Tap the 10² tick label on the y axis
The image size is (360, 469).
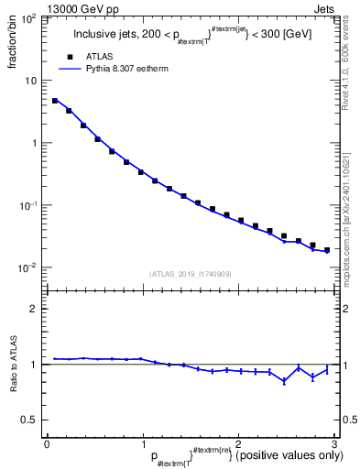click(29, 18)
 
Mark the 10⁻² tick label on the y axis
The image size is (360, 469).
click(29, 267)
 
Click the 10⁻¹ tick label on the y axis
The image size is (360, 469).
click(29, 205)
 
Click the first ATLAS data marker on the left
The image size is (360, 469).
click(55, 101)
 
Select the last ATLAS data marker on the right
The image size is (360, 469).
click(326, 249)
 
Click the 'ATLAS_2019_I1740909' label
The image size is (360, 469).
click(191, 274)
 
